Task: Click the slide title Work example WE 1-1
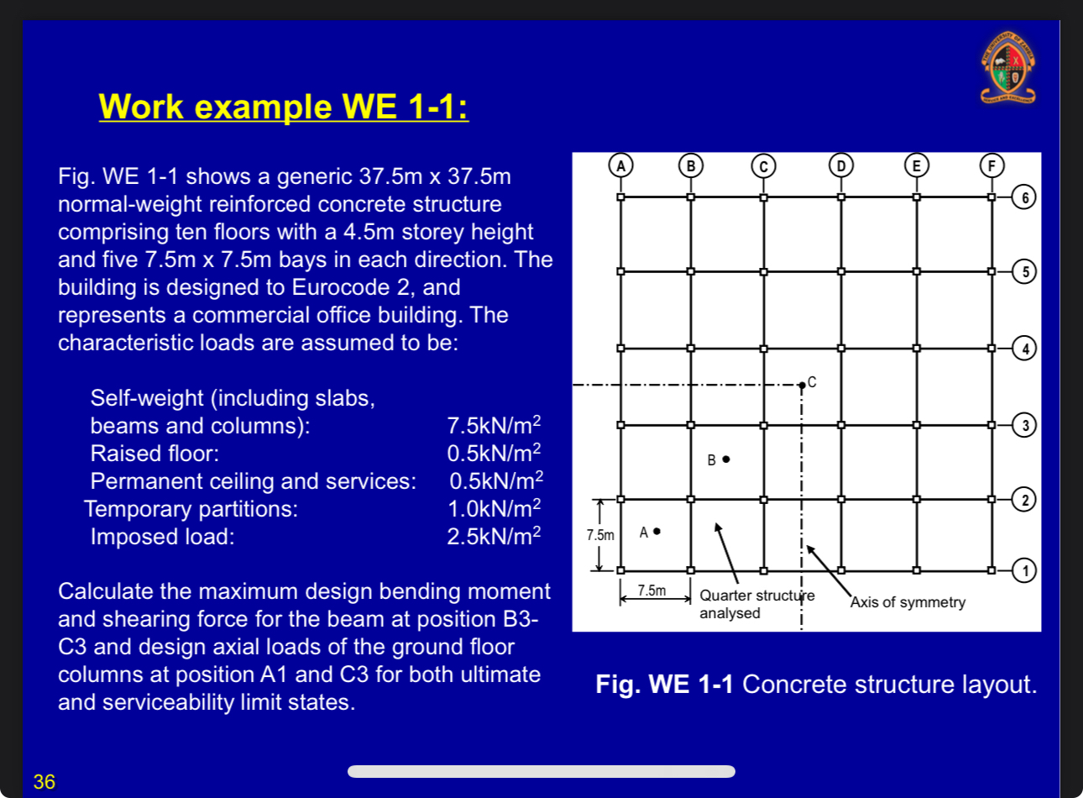[283, 107]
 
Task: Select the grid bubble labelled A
[620, 165]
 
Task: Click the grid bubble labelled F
[991, 165]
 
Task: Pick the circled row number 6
[1024, 197]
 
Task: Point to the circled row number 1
[1024, 570]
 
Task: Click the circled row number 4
[1024, 348]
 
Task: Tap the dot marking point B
[726, 459]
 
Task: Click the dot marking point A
[657, 531]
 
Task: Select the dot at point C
[803, 385]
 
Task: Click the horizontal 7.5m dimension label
[651, 591]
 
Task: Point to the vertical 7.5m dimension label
[600, 535]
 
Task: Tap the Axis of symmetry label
[908, 602]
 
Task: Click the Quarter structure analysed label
[756, 604]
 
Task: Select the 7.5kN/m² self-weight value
[494, 425]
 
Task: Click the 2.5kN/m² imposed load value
[494, 536]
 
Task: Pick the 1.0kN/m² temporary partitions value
[494, 508]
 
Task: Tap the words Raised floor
[154, 454]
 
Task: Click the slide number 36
[44, 782]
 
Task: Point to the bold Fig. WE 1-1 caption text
[664, 685]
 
